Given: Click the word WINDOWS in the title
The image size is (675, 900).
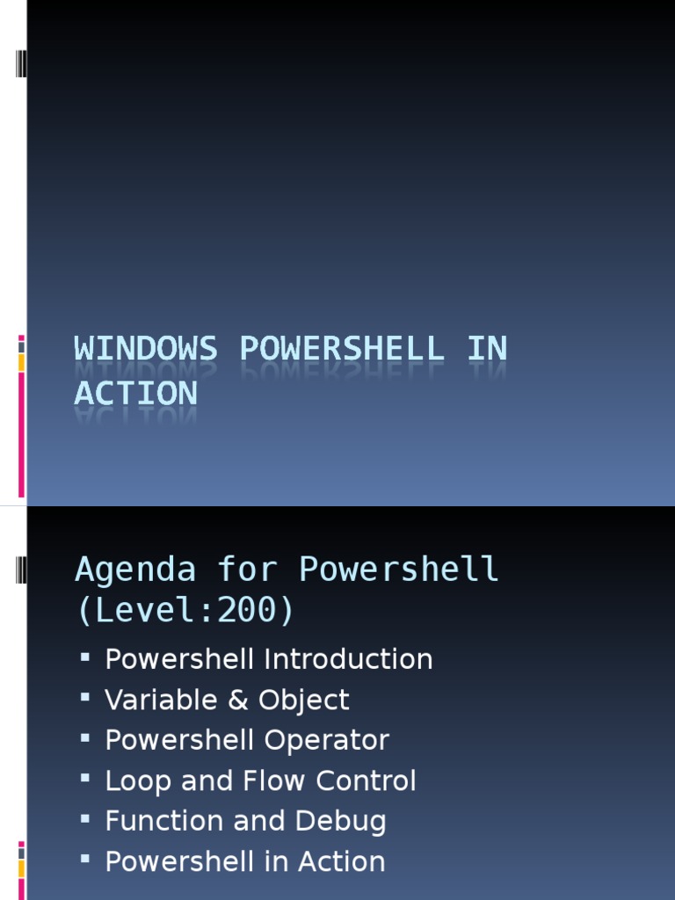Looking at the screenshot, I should click(x=145, y=349).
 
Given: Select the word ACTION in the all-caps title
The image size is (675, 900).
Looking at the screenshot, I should click(x=136, y=393).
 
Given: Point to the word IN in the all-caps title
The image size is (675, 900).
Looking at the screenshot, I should click(x=487, y=349).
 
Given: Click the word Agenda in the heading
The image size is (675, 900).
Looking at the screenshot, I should click(x=135, y=570).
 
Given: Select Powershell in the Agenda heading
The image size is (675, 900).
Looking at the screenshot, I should click(x=399, y=570).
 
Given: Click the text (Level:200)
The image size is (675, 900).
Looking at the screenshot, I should click(x=185, y=610).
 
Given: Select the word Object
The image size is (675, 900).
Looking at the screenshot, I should click(x=304, y=700).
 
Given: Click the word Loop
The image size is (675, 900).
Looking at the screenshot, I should click(x=134, y=781).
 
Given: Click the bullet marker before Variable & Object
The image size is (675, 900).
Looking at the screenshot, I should click(x=85, y=699).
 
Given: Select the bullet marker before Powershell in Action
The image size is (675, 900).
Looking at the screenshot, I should click(x=85, y=860).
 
